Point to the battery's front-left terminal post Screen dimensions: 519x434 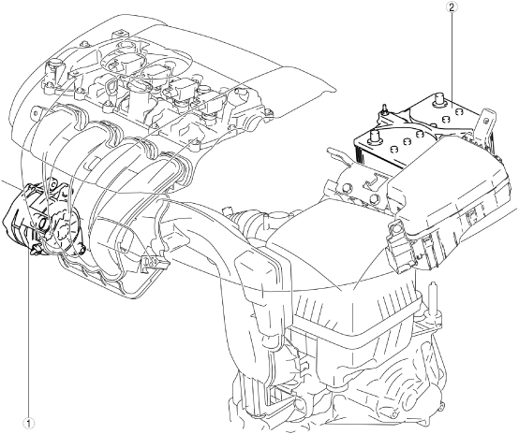(x=375, y=137)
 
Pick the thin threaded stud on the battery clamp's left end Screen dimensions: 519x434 (x=384, y=109)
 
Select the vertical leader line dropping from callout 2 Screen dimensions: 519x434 (x=452, y=56)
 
